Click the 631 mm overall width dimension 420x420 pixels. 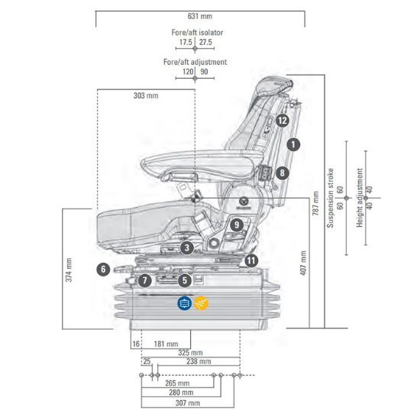click(200, 16)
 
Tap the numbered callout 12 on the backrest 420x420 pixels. click(283, 121)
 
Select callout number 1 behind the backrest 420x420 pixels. click(293, 144)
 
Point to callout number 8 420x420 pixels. click(282, 173)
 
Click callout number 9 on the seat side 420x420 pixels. click(237, 225)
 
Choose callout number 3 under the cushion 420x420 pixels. click(187, 247)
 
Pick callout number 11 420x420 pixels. click(251, 260)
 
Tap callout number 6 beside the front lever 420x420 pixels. click(103, 270)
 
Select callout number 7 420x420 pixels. click(144, 280)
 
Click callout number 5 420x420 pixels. click(185, 280)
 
